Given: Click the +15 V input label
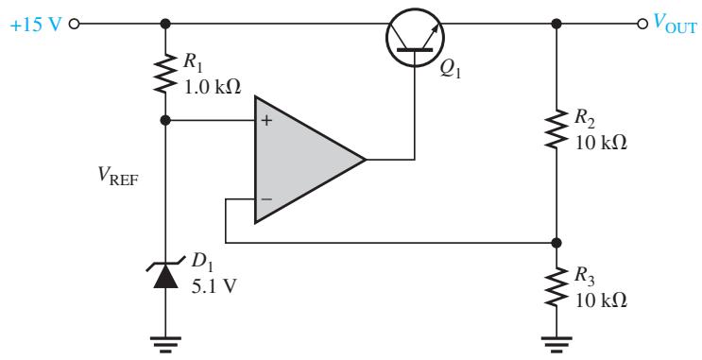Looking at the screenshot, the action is point(35,25).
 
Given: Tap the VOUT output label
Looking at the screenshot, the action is point(675,23).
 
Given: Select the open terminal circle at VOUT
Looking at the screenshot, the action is point(642,24).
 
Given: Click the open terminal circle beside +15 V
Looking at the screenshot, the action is point(74,24).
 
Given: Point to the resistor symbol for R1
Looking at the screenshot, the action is point(165,73).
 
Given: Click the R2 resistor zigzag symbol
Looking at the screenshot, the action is point(556,129).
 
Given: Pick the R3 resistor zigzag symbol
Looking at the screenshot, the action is point(556,287).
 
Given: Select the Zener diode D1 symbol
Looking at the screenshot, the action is point(165,274).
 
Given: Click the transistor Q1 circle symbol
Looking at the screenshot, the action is point(415,37).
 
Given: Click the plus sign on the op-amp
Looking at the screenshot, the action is point(266,120).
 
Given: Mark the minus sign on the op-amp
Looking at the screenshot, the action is point(266,198).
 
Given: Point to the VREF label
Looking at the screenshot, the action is point(118,178).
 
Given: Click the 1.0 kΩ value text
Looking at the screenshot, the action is point(213,87).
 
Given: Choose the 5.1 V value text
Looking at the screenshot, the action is point(214,286).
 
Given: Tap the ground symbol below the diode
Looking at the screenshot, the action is point(165,343).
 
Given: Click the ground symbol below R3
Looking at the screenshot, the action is point(556,343).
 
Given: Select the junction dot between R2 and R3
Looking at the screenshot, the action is point(556,243).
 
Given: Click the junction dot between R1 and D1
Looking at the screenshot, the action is point(165,120).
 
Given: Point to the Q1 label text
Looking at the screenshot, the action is point(450,71).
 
